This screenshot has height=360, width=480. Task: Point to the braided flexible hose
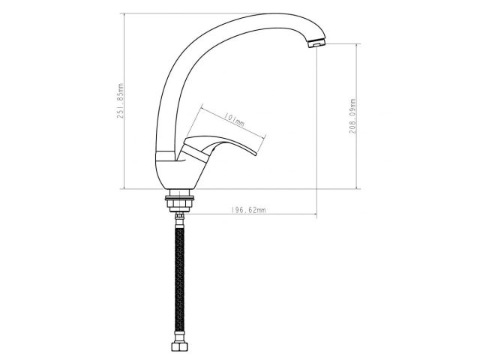point(179,277)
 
